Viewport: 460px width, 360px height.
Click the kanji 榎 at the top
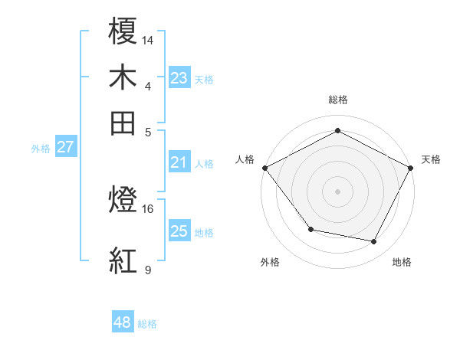pyautogui.click(x=124, y=32)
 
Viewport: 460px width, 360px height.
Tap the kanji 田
pyautogui.click(x=124, y=122)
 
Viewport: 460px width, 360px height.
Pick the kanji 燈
pyautogui.click(x=124, y=202)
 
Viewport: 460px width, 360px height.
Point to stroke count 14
pyautogui.click(x=148, y=39)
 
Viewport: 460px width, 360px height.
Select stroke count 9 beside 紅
pyautogui.click(x=148, y=270)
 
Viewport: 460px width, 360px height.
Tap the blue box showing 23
pyautogui.click(x=179, y=78)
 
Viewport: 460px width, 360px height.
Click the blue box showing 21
pyautogui.click(x=179, y=162)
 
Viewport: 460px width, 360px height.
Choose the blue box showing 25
pyautogui.click(x=179, y=231)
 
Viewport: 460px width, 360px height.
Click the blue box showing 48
pyautogui.click(x=123, y=323)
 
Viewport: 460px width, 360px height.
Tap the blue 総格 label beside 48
pyautogui.click(x=147, y=324)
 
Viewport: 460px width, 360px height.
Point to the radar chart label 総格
pyautogui.click(x=337, y=100)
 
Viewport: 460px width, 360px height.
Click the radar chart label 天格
pyautogui.click(x=431, y=159)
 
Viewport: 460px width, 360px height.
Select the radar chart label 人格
pyautogui.click(x=245, y=159)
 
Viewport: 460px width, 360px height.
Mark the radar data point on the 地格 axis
pyautogui.click(x=374, y=242)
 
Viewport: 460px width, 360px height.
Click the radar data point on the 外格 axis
pyautogui.click(x=310, y=229)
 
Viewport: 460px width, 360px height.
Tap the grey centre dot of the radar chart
pyautogui.click(x=337, y=191)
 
